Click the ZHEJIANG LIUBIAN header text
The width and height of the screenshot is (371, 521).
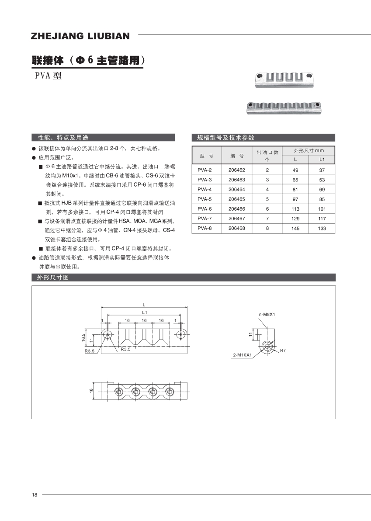tap(80, 36)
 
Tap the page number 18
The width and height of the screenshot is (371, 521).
tap(35, 495)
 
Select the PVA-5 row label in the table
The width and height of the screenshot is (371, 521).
tap(205, 199)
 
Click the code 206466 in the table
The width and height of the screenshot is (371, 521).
tap(237, 209)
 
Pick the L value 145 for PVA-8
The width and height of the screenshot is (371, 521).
tap(295, 229)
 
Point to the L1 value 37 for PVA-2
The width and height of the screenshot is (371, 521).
tap(322, 170)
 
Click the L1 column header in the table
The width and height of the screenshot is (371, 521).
tap(322, 160)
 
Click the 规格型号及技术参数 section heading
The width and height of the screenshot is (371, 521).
tap(225, 137)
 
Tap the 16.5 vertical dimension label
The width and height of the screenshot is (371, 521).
tap(83, 337)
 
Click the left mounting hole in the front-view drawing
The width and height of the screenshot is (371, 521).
tap(107, 335)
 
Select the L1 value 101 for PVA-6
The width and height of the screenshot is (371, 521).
tap(322, 209)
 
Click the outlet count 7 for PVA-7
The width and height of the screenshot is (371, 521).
tap(267, 219)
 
